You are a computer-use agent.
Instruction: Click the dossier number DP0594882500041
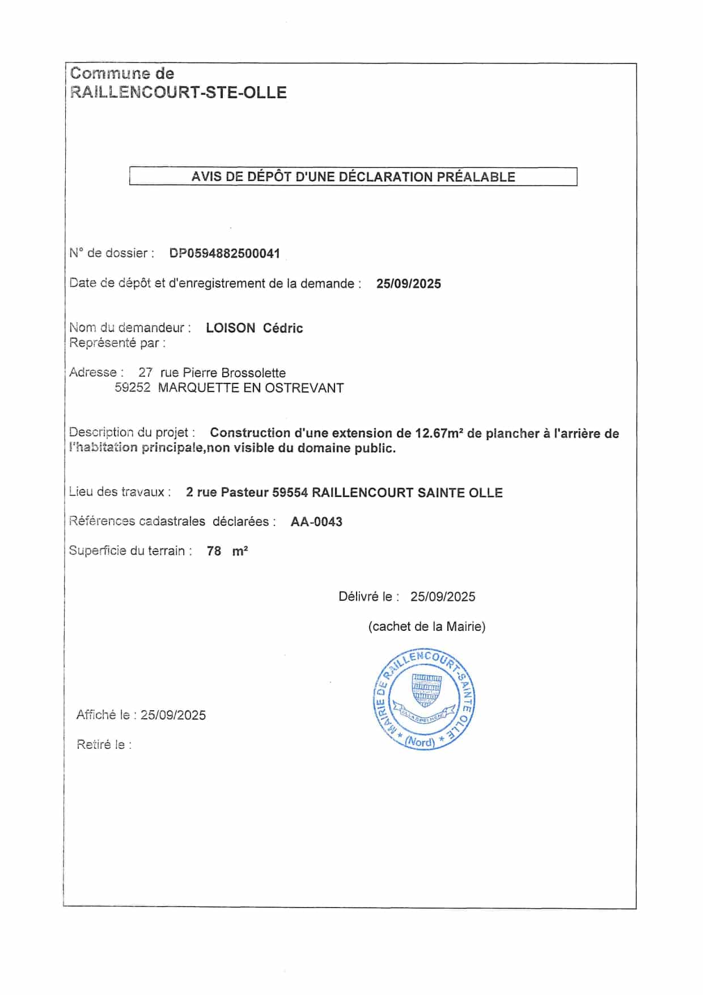pyautogui.click(x=225, y=254)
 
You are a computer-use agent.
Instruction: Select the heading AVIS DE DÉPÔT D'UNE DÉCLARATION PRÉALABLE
pyautogui.click(x=353, y=176)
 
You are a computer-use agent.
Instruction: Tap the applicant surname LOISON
pyautogui.click(x=230, y=328)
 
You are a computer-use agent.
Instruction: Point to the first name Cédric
pyautogui.click(x=283, y=328)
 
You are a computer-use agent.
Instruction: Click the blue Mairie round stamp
pyautogui.click(x=424, y=699)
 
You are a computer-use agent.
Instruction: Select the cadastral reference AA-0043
pyautogui.click(x=316, y=522)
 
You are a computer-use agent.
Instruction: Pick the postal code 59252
pyautogui.click(x=133, y=388)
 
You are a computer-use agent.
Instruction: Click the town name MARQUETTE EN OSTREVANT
pyautogui.click(x=251, y=388)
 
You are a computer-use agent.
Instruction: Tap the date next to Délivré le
pyautogui.click(x=443, y=597)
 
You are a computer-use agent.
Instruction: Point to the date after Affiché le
pyautogui.click(x=173, y=715)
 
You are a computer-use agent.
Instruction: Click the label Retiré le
pyautogui.click(x=104, y=745)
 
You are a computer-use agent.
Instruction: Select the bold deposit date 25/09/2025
pyautogui.click(x=408, y=284)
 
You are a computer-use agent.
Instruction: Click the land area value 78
pyautogui.click(x=214, y=551)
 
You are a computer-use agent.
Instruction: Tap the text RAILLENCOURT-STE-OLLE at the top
pyautogui.click(x=179, y=92)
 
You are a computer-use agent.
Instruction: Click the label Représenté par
pyautogui.click(x=117, y=343)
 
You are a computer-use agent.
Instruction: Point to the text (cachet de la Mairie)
pyautogui.click(x=426, y=627)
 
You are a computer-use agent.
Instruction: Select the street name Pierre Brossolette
pyautogui.click(x=234, y=373)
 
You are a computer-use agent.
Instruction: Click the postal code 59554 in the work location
pyautogui.click(x=290, y=492)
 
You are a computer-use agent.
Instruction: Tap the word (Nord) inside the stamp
pyautogui.click(x=420, y=742)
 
